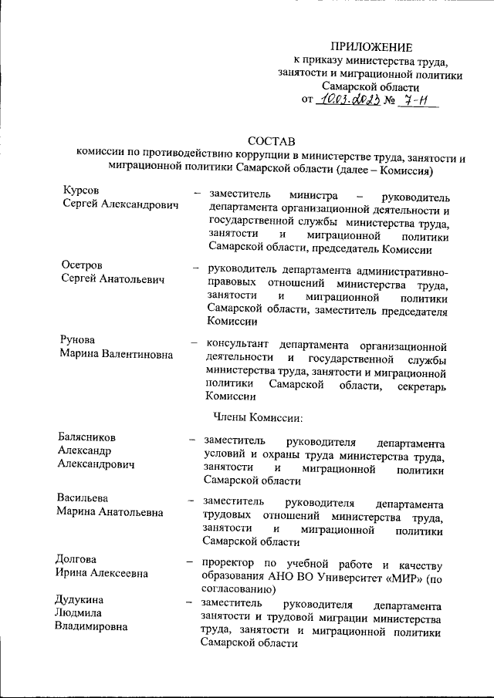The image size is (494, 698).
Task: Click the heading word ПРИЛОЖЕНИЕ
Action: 372,47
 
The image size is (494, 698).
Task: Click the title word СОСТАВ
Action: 269,142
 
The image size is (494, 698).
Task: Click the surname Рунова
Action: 81,340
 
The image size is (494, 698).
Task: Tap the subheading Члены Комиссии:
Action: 255,418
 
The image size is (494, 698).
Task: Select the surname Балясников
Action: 91,437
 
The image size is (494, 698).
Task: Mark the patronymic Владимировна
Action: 91,626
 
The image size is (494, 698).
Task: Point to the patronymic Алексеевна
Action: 114,574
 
